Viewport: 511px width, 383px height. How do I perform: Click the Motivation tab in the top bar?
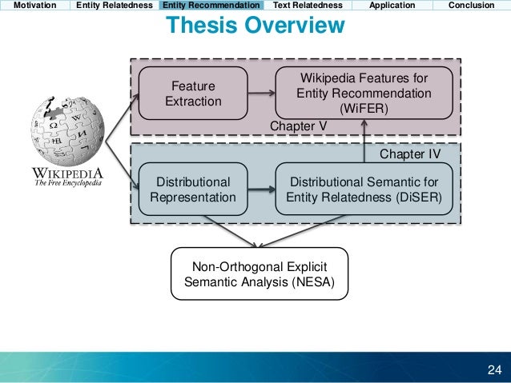pyautogui.click(x=34, y=5)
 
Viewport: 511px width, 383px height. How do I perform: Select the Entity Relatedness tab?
pyautogui.click(x=114, y=5)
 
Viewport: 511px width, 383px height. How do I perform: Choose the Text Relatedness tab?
pyautogui.click(x=308, y=5)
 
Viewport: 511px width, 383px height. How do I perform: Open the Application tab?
pyautogui.click(x=392, y=5)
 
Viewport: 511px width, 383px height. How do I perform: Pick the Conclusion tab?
pyautogui.click(x=471, y=5)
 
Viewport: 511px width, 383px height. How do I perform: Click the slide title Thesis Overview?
pyautogui.click(x=255, y=26)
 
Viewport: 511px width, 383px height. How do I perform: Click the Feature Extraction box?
pyautogui.click(x=192, y=94)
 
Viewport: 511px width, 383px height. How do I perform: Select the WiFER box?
pyautogui.click(x=364, y=94)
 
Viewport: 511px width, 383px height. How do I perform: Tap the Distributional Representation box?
pyautogui.click(x=192, y=190)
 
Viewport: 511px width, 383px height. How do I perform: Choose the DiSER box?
pyautogui.click(x=364, y=190)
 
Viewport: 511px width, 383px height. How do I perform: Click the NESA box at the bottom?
pyautogui.click(x=260, y=273)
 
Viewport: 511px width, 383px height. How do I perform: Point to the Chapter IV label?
pyautogui.click(x=409, y=153)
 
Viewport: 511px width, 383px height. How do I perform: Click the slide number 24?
pyautogui.click(x=494, y=369)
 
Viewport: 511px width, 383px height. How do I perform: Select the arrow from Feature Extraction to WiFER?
pyautogui.click(x=260, y=94)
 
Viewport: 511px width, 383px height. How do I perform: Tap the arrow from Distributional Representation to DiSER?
pyautogui.click(x=260, y=190)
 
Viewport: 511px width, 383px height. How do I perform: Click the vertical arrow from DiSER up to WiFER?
pyautogui.click(x=364, y=141)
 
